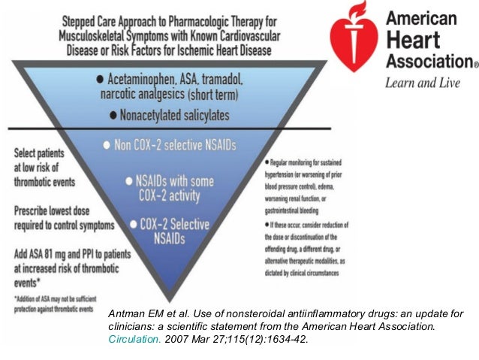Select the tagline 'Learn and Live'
click(423, 83)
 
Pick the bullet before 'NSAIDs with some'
click(128, 181)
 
